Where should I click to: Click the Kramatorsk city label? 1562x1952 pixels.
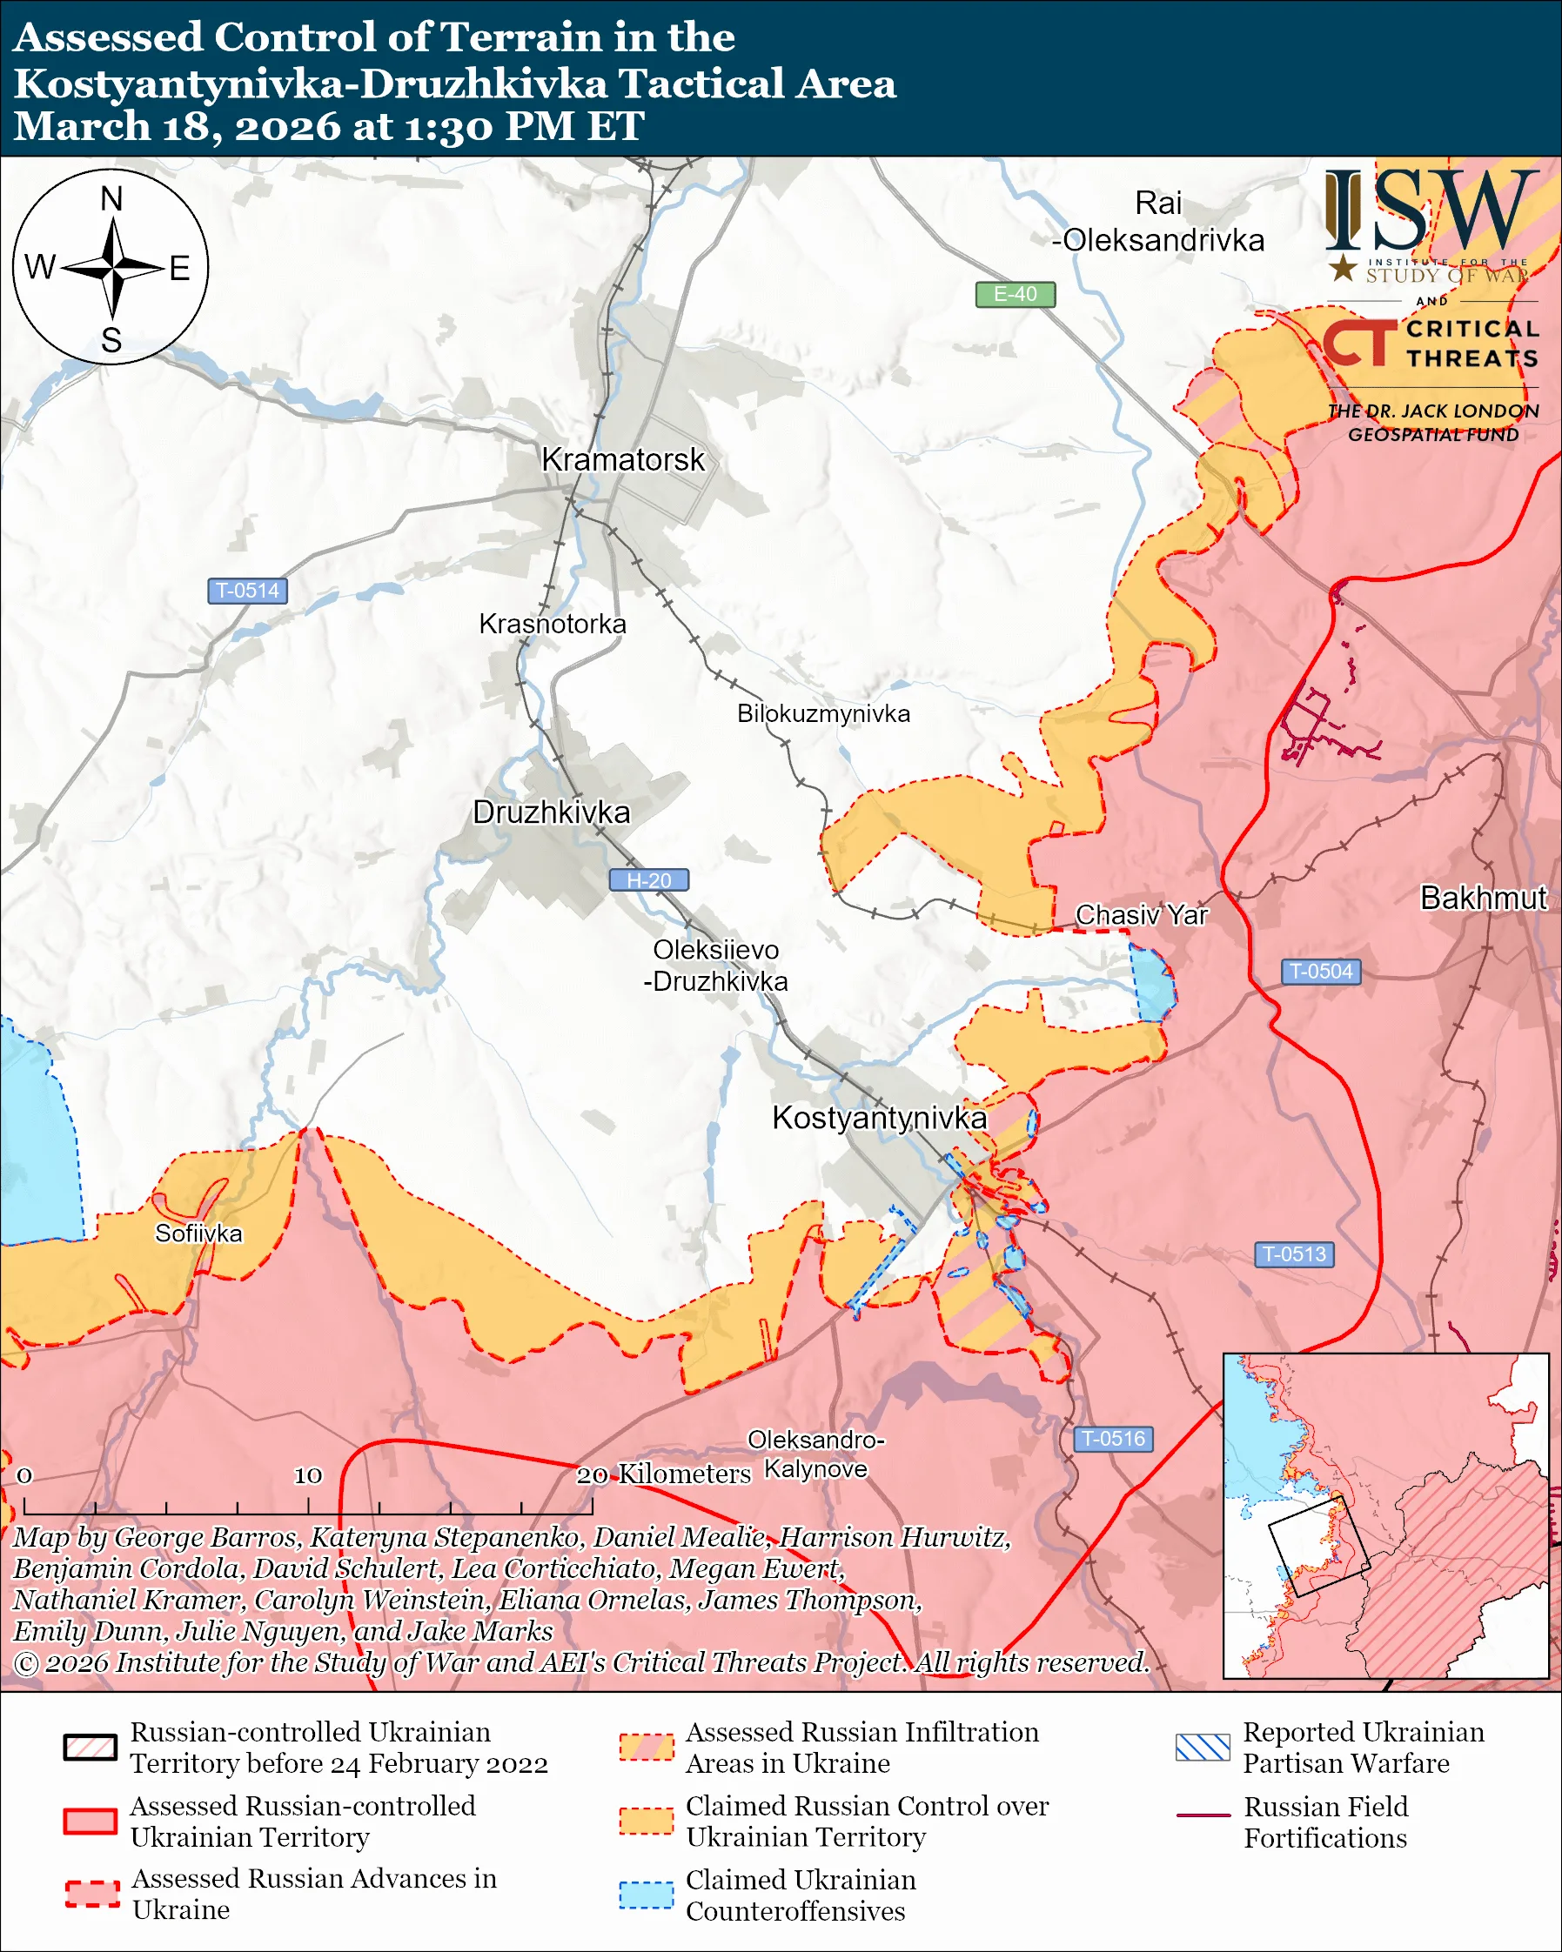click(622, 460)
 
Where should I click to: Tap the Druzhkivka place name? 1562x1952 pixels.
click(551, 812)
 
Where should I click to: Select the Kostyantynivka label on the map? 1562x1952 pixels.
click(878, 1118)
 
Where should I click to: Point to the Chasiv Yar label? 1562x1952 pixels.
click(1141, 915)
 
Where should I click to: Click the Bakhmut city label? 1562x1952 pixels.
click(1483, 898)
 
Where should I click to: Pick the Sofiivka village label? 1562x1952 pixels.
click(198, 1233)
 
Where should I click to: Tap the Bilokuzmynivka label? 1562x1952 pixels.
click(823, 713)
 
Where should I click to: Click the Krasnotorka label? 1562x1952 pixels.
click(553, 624)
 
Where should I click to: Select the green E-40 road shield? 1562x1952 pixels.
click(1015, 294)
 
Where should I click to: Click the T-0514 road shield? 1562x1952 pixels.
click(247, 591)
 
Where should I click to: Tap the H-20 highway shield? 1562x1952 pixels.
click(648, 880)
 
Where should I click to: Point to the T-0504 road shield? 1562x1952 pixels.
click(1320, 972)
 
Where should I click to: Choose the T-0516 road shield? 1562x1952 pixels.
click(1113, 1439)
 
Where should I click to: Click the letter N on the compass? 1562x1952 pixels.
click(111, 199)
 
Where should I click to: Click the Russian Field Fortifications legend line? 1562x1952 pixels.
click(1203, 1815)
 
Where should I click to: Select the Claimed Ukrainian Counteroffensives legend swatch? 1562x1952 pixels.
click(646, 1895)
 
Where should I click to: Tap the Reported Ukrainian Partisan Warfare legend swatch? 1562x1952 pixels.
click(1203, 1748)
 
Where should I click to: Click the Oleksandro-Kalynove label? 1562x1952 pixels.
click(815, 1454)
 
